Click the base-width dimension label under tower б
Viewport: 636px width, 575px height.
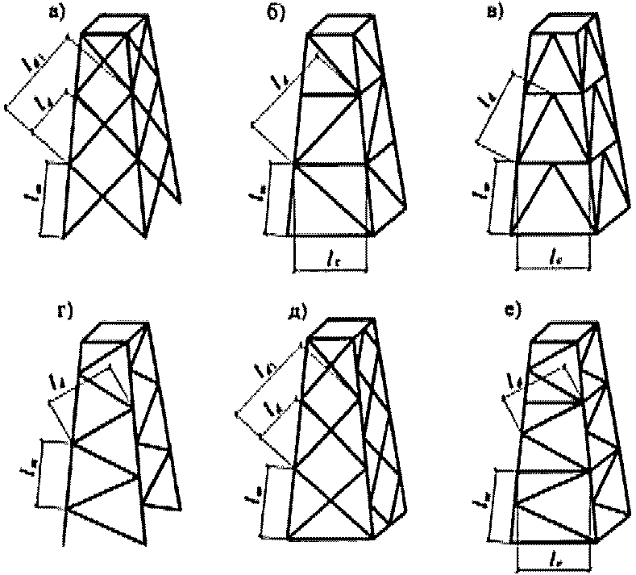point(331,257)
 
